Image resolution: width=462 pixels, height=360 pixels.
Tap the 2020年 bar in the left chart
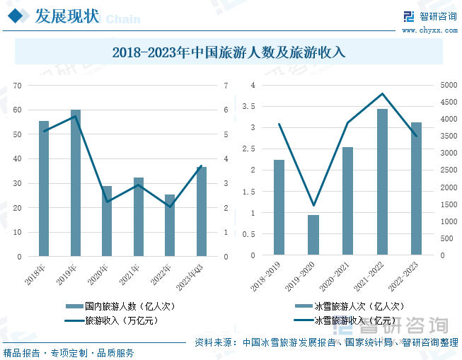pos(107,221)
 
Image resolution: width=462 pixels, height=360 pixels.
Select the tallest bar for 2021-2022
pos(382,182)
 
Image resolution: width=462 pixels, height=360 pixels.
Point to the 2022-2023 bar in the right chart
pos(416,189)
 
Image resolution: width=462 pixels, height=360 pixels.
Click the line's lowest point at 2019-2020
pos(313,206)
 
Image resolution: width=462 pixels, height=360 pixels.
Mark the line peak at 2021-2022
pos(382,93)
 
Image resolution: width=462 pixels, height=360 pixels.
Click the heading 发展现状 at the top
pos(67,16)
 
